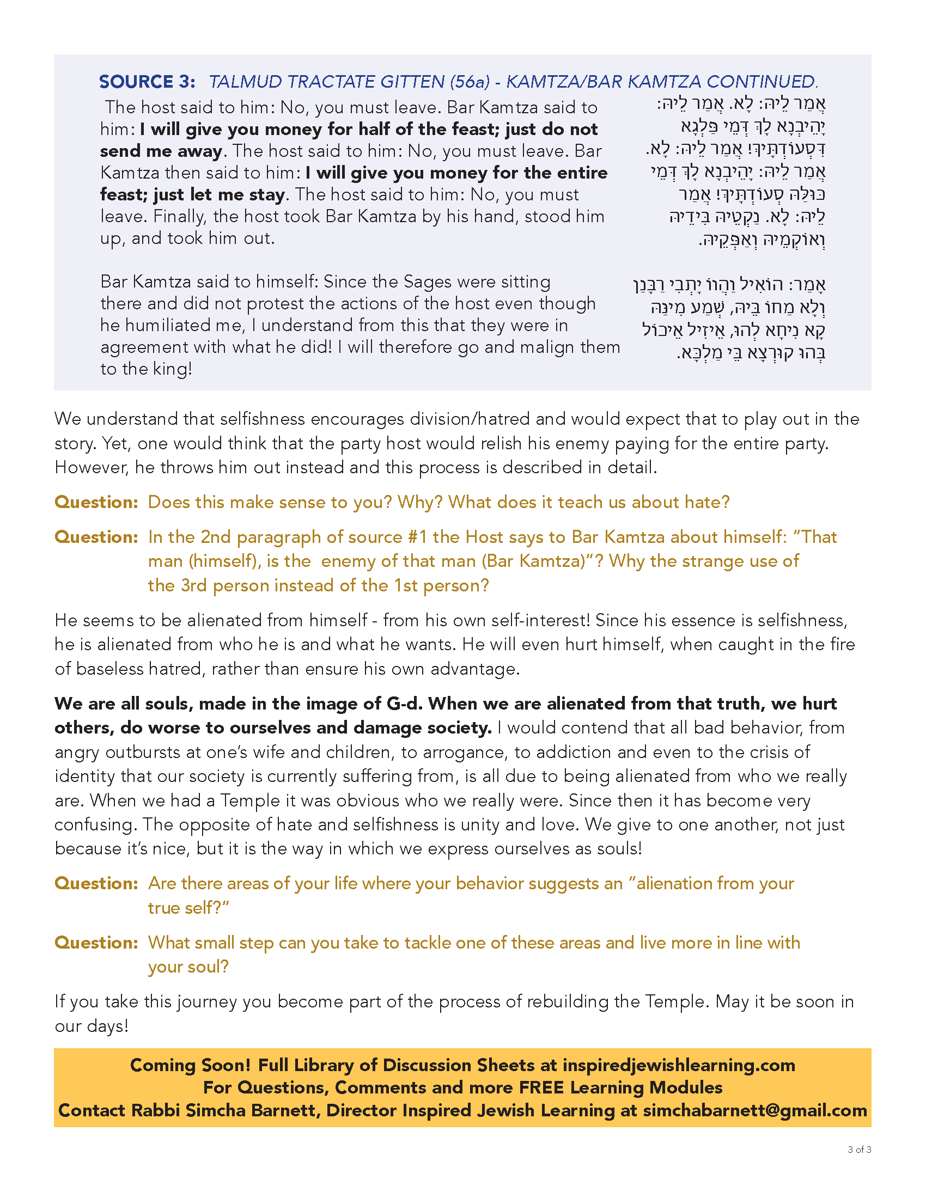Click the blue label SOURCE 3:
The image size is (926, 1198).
(147, 82)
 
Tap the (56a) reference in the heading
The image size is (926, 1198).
(470, 82)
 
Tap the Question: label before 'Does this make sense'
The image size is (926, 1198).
(96, 502)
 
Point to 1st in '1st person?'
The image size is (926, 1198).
(407, 585)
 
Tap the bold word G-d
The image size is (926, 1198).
(403, 703)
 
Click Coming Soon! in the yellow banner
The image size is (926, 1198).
(190, 1065)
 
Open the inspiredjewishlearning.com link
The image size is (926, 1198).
(679, 1065)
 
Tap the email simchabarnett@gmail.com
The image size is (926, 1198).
(755, 1110)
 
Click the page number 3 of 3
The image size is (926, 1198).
(859, 1150)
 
